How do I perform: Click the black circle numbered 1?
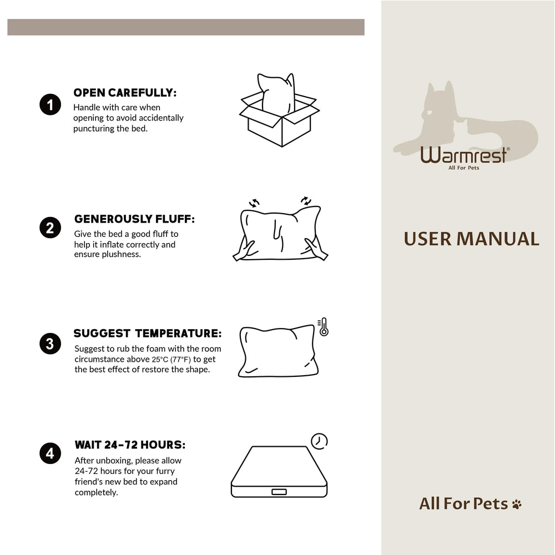tap(50, 105)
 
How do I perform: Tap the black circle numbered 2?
tap(50, 228)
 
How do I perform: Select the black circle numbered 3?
tap(50, 344)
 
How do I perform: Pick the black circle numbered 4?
tap(50, 454)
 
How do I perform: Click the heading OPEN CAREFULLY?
tap(125, 93)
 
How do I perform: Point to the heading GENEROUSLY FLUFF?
tap(134, 219)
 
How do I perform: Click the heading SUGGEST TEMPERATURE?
tap(148, 334)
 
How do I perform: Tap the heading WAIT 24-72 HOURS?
tap(130, 445)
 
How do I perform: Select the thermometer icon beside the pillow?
tap(323, 327)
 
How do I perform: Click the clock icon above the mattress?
tap(319, 441)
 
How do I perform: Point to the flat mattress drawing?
tap(279, 472)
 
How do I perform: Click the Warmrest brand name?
tap(463, 155)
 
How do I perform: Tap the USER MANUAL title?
tap(471, 239)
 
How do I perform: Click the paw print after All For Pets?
tap(517, 504)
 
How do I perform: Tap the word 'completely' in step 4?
tap(96, 492)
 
